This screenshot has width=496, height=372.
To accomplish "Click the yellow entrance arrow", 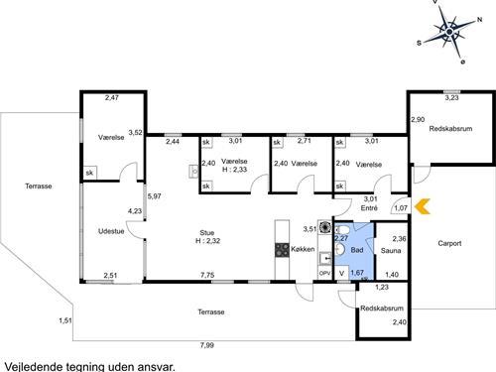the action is (x=423, y=206).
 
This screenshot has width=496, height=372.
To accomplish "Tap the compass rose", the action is (x=449, y=32).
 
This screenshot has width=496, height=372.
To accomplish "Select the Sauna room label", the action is (x=391, y=251).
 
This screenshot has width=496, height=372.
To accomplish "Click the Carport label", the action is (x=449, y=243).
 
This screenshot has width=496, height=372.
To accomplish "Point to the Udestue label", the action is (x=111, y=231).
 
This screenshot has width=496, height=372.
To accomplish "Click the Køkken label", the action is (x=303, y=249).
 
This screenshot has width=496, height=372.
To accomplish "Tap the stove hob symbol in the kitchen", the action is (x=282, y=250).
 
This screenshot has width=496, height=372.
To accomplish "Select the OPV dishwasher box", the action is (x=324, y=274).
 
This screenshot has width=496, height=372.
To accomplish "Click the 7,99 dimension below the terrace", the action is (x=207, y=345).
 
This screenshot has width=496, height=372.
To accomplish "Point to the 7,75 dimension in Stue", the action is (x=207, y=275).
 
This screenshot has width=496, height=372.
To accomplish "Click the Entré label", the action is (x=369, y=208).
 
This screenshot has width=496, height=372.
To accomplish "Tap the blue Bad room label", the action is (x=357, y=250).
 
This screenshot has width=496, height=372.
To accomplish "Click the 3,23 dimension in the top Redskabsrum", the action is (x=451, y=97).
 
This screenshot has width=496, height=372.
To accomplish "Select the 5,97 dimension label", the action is (x=155, y=196).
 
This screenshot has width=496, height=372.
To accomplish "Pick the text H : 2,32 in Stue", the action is (x=207, y=241).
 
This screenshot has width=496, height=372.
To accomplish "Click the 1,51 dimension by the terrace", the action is (x=65, y=320).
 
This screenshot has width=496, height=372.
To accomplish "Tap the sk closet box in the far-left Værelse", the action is (x=89, y=173).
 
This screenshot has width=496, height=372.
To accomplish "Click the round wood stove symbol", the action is (x=325, y=227).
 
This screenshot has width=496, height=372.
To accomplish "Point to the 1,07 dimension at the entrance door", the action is (x=401, y=208).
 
